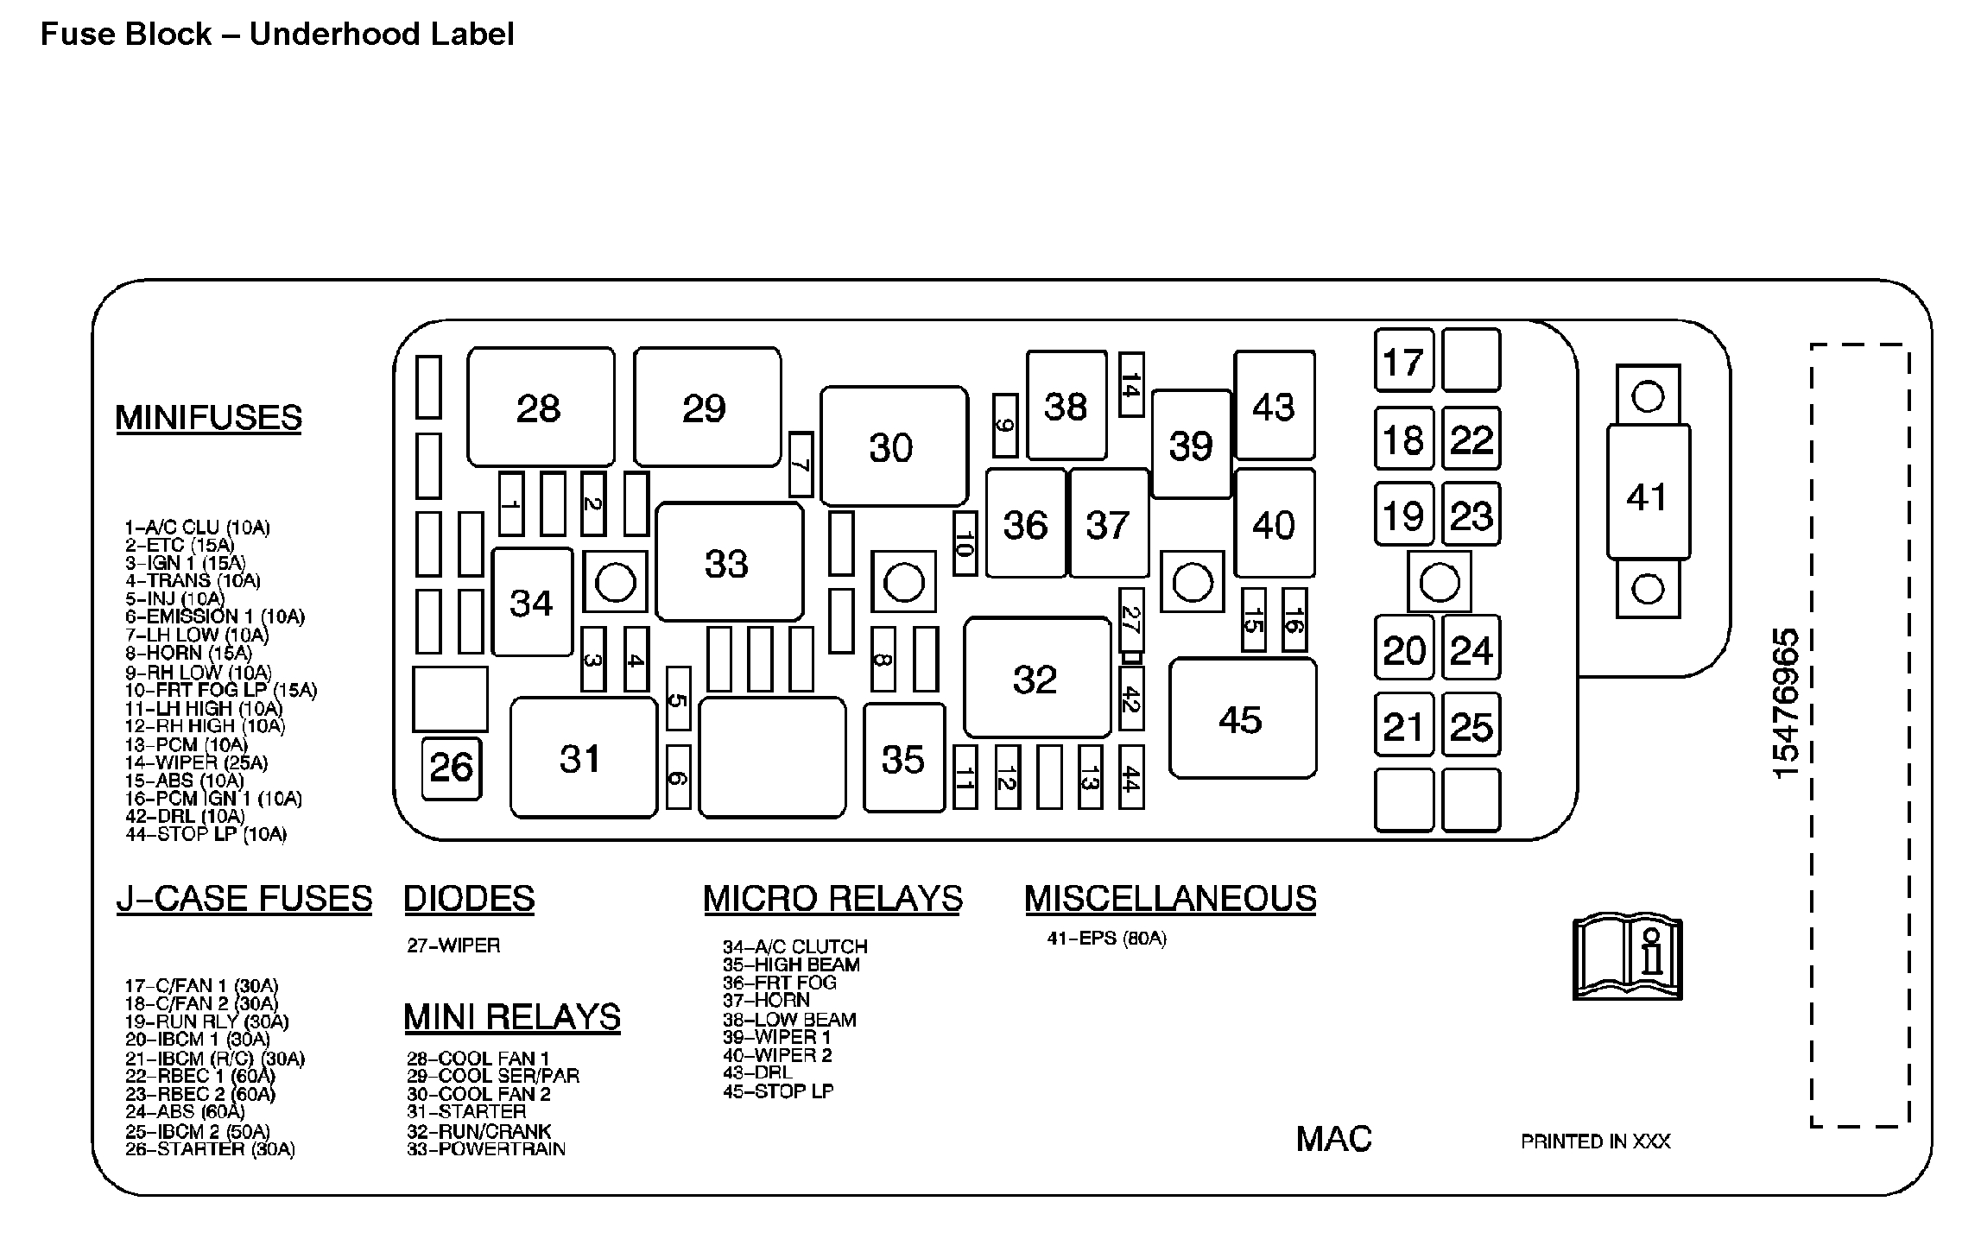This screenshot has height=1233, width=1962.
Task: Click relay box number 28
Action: coord(541,408)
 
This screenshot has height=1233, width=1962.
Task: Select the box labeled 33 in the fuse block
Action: coord(728,563)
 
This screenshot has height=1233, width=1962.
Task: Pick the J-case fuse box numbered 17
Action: coord(1403,361)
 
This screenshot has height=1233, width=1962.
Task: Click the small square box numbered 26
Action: coord(451,768)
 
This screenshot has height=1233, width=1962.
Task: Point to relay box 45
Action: coord(1242,718)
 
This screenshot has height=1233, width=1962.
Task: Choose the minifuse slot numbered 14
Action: coord(1131,385)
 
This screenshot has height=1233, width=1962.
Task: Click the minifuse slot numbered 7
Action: coord(801,465)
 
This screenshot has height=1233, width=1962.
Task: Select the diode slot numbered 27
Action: coord(1130,620)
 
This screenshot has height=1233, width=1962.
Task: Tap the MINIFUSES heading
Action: coord(209,418)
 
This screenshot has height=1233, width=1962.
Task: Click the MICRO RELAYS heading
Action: coord(832,899)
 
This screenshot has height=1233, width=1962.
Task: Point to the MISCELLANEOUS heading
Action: coord(1170,899)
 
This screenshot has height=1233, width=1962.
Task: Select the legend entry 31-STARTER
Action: coord(466,1112)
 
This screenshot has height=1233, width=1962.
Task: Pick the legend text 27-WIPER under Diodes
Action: coord(453,945)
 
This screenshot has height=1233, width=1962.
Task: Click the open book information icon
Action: coord(1627,959)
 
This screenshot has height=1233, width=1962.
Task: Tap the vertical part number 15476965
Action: coord(1786,703)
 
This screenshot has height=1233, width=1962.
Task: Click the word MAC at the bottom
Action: coord(1333,1139)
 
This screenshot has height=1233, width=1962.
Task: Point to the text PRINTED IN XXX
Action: coord(1595,1141)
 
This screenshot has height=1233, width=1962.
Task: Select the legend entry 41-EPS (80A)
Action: coord(1106,939)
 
